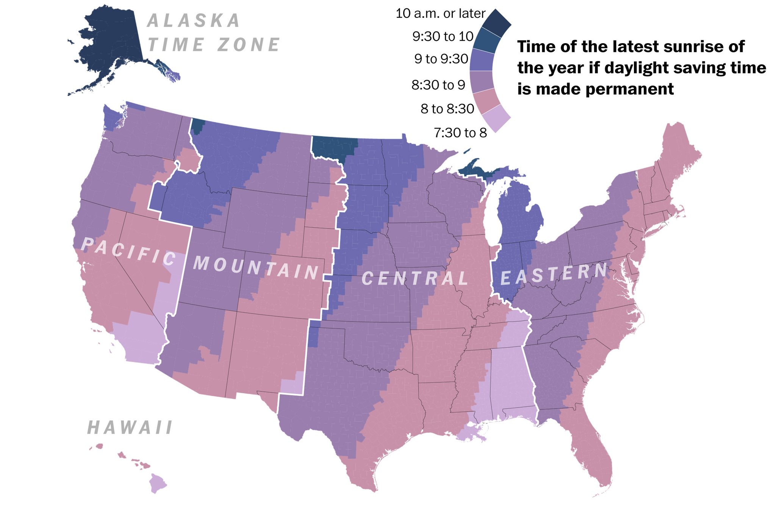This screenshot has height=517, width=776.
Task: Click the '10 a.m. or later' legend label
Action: click(440, 14)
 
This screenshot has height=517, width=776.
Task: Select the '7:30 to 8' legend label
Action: click(460, 133)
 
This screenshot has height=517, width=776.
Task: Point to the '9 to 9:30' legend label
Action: click(441, 59)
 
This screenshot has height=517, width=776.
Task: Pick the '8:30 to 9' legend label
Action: click(438, 85)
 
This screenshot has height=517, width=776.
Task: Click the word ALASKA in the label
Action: click(193, 20)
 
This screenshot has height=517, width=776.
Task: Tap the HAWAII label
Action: click(130, 428)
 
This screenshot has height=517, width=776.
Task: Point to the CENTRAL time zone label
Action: click(415, 278)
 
